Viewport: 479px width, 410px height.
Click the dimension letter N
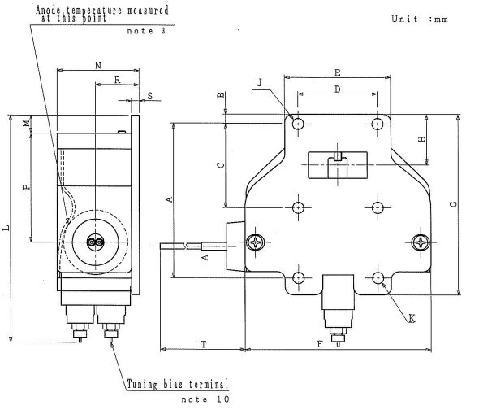pos(98,63)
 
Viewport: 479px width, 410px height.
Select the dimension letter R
pos(118,80)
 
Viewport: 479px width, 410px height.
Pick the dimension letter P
pos(26,186)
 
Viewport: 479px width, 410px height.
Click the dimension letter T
pos(203,344)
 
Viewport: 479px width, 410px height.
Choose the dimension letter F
pos(320,344)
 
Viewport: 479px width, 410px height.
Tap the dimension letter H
pos(421,139)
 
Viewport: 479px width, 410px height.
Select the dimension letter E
pos(337,72)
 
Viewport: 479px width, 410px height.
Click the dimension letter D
pos(337,89)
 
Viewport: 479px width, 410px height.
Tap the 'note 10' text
pos(205,399)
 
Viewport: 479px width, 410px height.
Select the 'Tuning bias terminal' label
pos(176,383)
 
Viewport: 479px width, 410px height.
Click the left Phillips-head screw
pos(256,242)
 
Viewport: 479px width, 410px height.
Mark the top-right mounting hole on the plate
pos(378,124)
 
